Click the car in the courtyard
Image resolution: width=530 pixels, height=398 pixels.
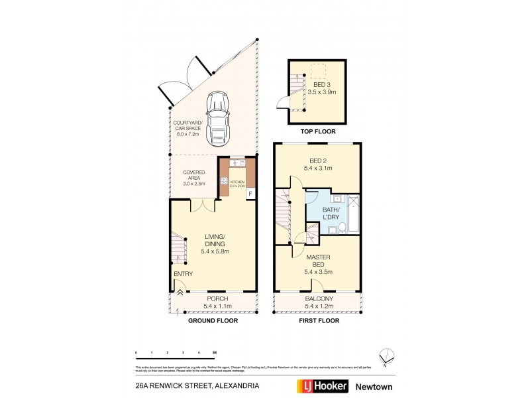pyautogui.click(x=217, y=120)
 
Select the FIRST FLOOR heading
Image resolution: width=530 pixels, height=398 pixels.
pyautogui.click(x=319, y=320)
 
